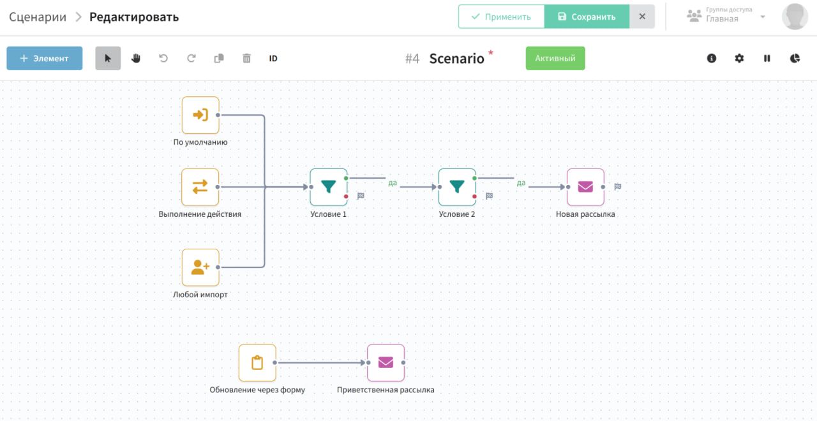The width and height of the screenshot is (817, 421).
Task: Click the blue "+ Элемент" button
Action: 44,58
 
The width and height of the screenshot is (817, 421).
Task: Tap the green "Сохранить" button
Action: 587,17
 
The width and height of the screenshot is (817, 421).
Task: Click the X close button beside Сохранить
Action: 642,17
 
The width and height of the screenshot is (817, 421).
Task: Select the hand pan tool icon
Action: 136,58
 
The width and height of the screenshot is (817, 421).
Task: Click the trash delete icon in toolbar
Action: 246,58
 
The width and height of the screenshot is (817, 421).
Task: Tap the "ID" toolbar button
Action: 273,58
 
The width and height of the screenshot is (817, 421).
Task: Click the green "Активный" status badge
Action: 555,58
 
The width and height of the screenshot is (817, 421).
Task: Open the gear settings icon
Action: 739,58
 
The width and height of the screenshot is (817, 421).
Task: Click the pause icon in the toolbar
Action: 767,58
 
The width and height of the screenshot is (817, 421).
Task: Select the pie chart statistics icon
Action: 795,58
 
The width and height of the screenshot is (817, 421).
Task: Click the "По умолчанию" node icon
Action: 200,115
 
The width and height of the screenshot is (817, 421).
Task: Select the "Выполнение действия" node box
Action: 200,187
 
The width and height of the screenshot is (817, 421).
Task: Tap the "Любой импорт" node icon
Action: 200,267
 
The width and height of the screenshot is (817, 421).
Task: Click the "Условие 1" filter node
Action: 329,187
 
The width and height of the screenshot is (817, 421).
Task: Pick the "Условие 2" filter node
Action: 457,187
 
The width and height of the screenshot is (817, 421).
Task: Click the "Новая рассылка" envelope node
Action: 585,187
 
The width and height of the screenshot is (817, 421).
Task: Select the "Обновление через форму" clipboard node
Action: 257,362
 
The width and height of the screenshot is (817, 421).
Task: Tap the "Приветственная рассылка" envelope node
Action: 386,362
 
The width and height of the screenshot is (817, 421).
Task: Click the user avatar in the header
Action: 795,17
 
